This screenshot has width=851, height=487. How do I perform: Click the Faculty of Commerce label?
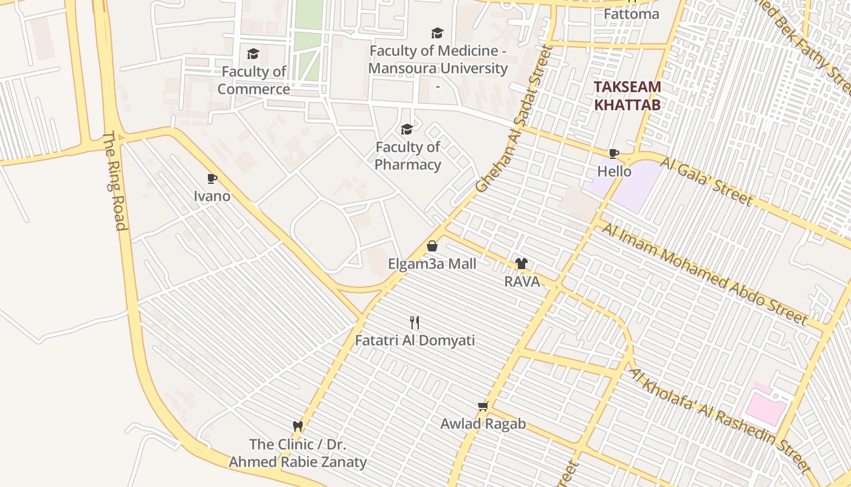coord(253,80)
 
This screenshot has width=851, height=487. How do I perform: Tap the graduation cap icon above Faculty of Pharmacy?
coord(407,129)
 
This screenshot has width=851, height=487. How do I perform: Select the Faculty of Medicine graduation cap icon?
coord(436,33)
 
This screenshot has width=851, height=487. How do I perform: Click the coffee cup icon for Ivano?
coord(212,178)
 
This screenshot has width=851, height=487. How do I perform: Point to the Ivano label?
coord(212,196)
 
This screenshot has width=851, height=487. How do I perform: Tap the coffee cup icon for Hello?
coord(614,153)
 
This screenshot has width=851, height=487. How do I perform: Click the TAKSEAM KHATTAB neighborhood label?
coord(627,96)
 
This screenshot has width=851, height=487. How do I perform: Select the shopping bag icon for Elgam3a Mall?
coord(432,246)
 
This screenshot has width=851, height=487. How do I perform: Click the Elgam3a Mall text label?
coord(432,264)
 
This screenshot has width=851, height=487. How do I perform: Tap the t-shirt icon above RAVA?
coord(522,264)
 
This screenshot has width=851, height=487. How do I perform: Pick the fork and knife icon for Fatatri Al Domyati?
coord(415,322)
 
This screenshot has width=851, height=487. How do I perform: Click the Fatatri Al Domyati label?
coord(415,340)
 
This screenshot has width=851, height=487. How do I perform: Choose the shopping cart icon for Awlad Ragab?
coord(483,405)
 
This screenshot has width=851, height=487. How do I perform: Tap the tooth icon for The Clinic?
coord(298,426)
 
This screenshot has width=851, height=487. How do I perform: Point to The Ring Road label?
coord(114,181)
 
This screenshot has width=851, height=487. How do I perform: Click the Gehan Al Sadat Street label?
coord(514,119)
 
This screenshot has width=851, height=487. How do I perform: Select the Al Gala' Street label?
coord(707,181)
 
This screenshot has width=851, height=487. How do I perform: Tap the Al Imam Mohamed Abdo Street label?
coord(705,273)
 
